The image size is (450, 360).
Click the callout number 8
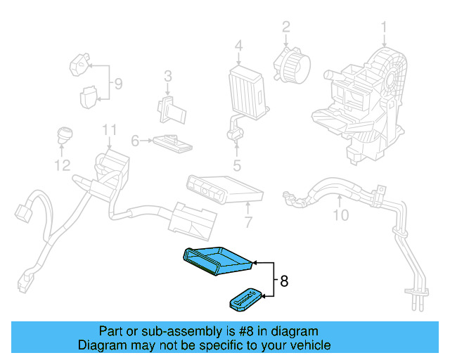click(284, 281)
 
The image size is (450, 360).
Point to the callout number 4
click(237, 166)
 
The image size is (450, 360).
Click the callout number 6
click(247, 224)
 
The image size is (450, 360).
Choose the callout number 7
click(118, 85)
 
